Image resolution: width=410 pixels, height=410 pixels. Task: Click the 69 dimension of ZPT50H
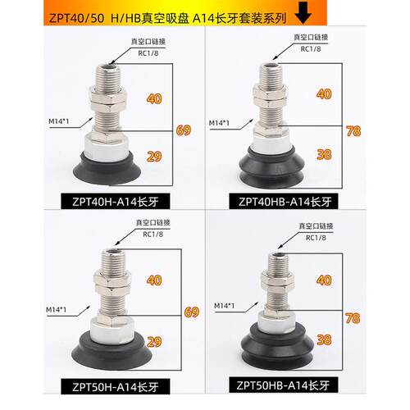tap(192, 312)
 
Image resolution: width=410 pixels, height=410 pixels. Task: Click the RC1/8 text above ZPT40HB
tap(312, 48)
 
